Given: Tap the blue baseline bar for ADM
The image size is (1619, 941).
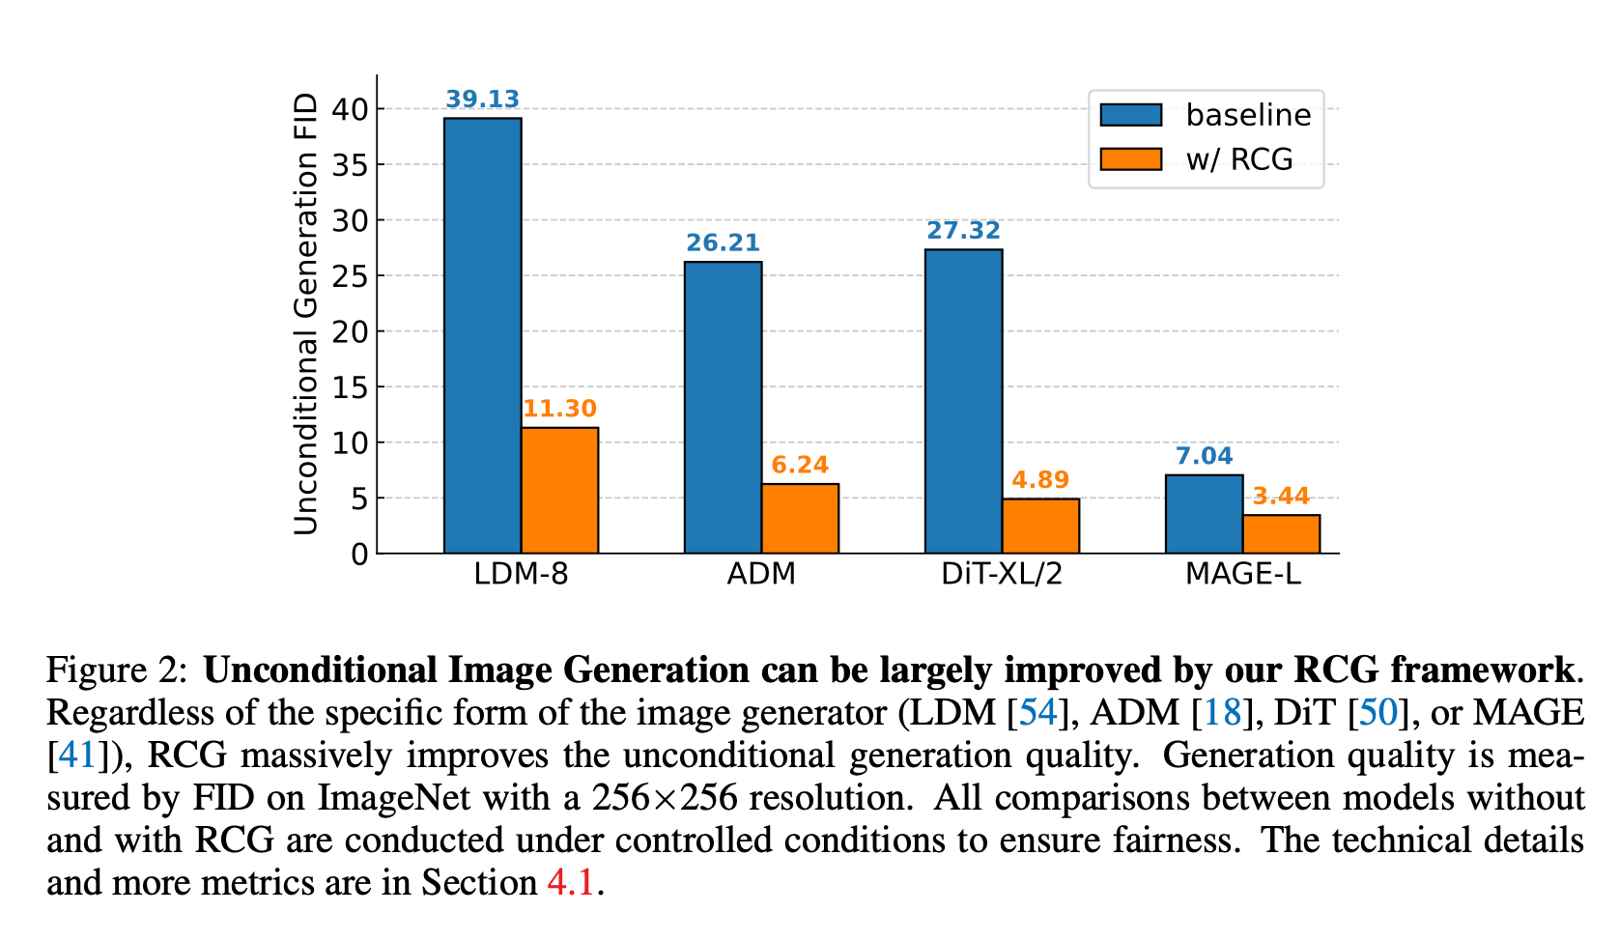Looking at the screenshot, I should [723, 407].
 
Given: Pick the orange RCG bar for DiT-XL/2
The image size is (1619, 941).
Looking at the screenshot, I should [1040, 526].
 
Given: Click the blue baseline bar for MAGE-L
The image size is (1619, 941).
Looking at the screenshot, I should [1204, 514].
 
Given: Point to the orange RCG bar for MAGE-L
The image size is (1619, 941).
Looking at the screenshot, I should [1281, 534].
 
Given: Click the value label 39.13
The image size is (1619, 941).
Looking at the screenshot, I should [482, 100].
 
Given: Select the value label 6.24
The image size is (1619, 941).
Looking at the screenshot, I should [800, 466].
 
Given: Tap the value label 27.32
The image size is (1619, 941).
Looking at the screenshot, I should [963, 231].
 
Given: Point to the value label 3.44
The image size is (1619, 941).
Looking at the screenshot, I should [1281, 497].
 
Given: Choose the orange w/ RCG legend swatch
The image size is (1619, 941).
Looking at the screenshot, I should [1131, 159].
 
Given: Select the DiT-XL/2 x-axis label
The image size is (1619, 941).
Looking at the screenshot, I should [1002, 574].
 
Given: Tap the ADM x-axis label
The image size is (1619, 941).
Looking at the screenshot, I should [761, 574].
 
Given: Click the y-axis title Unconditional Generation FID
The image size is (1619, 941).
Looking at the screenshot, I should [306, 314].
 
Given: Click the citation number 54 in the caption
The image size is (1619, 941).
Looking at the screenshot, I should [1037, 712].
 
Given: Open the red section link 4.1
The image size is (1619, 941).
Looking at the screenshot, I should [570, 882].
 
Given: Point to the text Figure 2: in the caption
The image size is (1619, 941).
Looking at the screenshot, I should [120, 670].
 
